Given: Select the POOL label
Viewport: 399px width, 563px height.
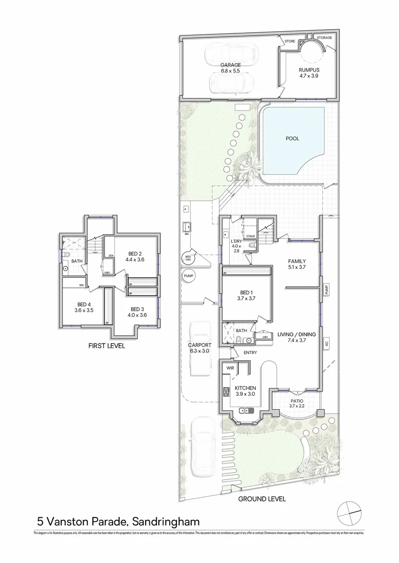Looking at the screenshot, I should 292,139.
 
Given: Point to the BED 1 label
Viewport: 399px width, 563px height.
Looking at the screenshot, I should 246,293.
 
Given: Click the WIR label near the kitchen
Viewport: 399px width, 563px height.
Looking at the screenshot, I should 230,368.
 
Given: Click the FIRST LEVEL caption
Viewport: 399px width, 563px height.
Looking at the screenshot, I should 107,345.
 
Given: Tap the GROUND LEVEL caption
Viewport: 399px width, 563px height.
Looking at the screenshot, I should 262,499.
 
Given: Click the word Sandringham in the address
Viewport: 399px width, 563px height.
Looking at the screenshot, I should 166,521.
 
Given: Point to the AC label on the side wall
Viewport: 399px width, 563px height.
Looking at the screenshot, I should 326,345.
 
